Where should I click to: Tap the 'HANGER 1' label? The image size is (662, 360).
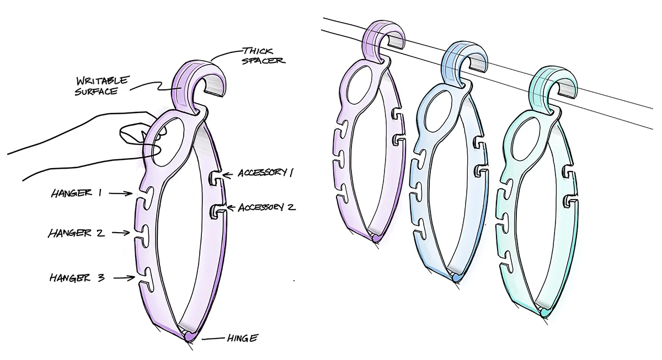click(77, 193)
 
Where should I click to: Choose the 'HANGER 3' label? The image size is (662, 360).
click(77, 278)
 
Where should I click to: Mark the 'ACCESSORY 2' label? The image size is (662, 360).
click(267, 207)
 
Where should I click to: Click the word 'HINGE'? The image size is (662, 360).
click(242, 338)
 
